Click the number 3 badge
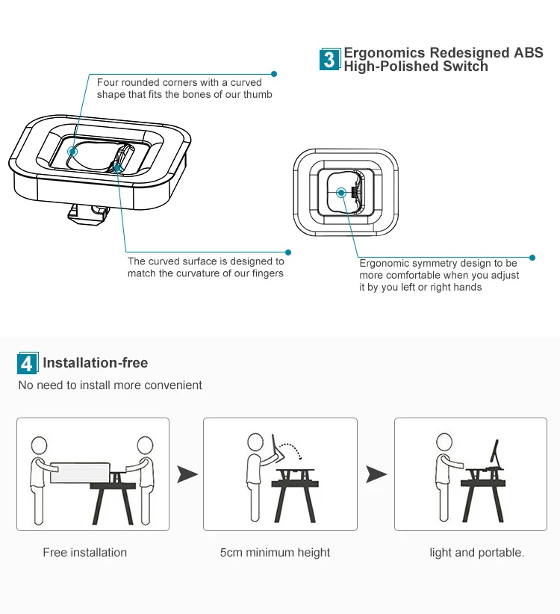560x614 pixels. pyautogui.click(x=329, y=59)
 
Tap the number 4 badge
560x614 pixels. pyautogui.click(x=27, y=363)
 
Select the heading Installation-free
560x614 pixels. pyautogui.click(x=95, y=363)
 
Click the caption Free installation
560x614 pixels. pyautogui.click(x=84, y=553)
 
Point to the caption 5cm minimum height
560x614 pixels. pyautogui.click(x=275, y=553)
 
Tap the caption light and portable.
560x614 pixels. pyautogui.click(x=476, y=553)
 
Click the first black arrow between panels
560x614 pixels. pyautogui.click(x=187, y=474)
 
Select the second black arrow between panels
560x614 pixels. pyautogui.click(x=376, y=474)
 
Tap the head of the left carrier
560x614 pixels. pyautogui.click(x=39, y=445)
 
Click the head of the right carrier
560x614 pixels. pyautogui.click(x=144, y=445)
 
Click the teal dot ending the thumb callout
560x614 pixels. pyautogui.click(x=274, y=74)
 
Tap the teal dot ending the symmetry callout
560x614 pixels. pyautogui.click(x=532, y=257)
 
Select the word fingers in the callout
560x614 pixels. pyautogui.click(x=266, y=273)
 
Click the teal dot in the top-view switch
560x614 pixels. pyautogui.click(x=340, y=192)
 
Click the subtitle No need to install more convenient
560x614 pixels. pyautogui.click(x=110, y=385)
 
